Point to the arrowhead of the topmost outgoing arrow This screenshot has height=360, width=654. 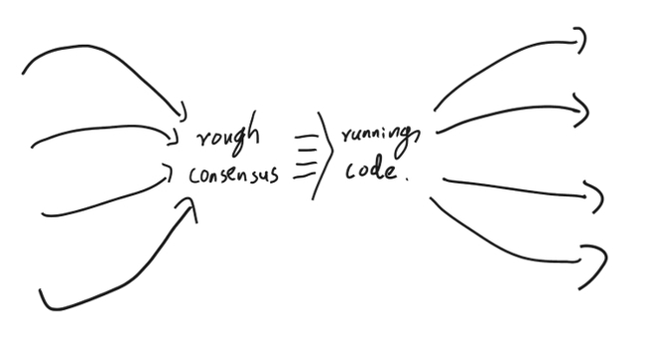pyautogui.click(x=581, y=39)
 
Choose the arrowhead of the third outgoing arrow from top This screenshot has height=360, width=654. pyautogui.click(x=599, y=196)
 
